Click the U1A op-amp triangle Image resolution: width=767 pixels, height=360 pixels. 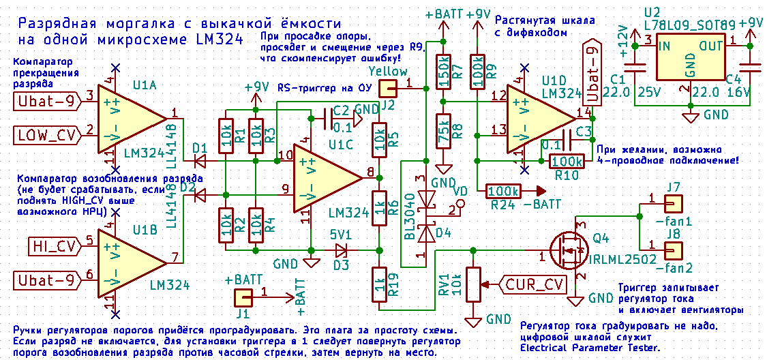130,119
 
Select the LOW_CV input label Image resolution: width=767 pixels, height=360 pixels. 46,134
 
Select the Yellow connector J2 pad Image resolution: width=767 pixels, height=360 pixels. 388,89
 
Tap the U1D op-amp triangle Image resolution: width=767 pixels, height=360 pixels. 539,120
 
